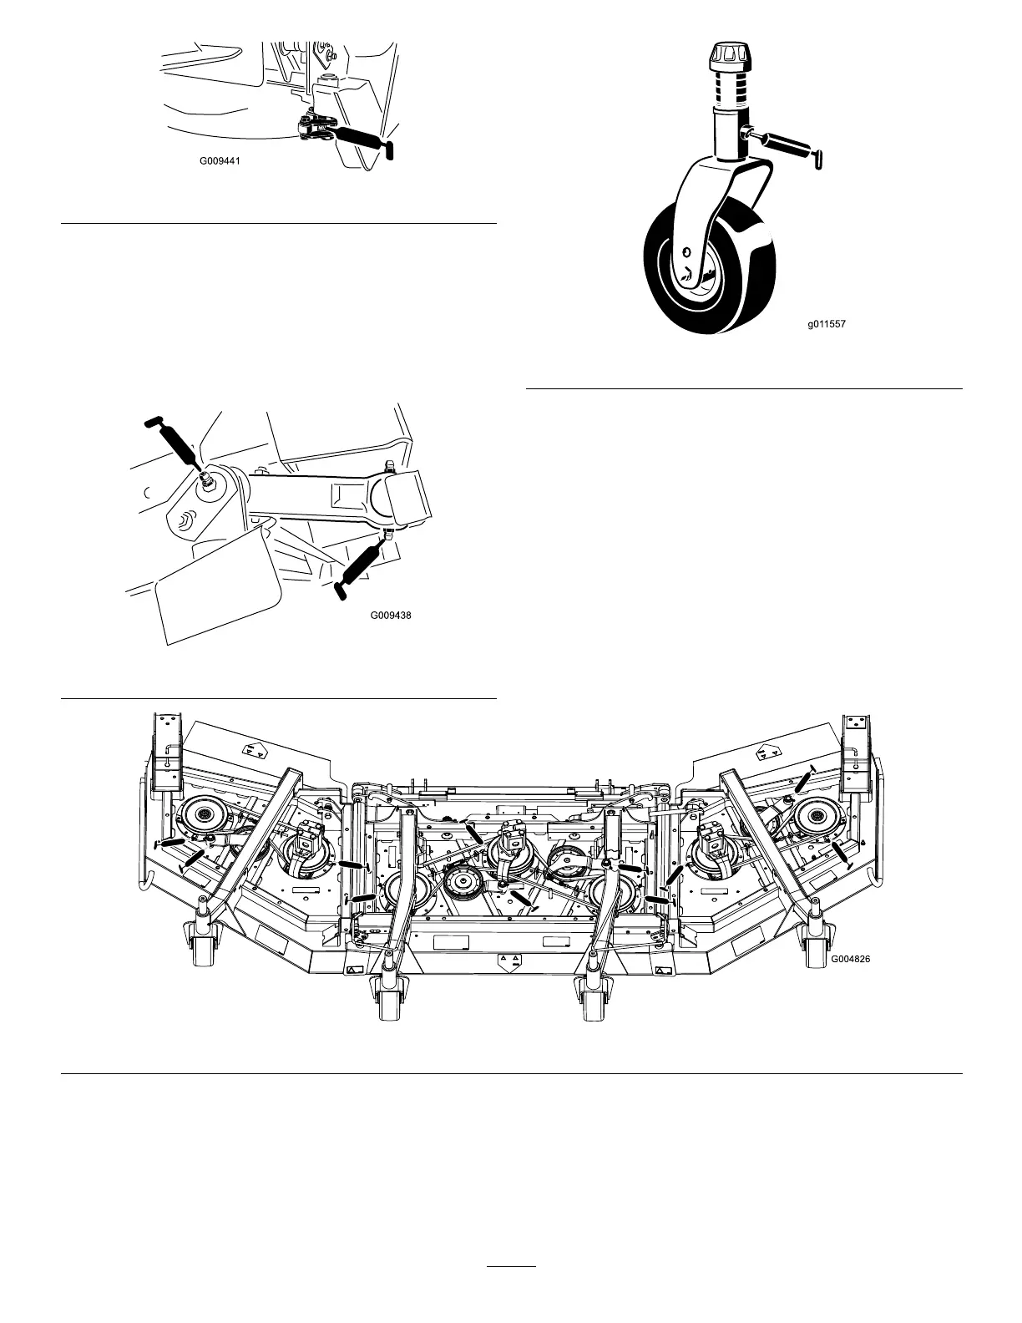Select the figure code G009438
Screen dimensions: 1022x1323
[391, 616]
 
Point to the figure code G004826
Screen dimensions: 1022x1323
[849, 960]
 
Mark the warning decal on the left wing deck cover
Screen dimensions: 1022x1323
[254, 752]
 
